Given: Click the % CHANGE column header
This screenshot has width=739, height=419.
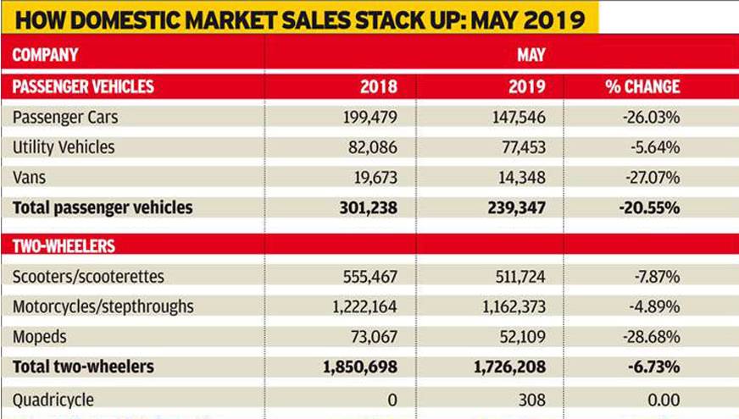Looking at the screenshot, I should coord(642,86).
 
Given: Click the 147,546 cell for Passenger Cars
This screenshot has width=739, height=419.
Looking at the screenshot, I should coord(511,117).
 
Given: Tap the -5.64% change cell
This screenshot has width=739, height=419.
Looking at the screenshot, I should coord(654,147).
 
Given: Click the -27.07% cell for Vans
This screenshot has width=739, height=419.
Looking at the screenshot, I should coord(651,177).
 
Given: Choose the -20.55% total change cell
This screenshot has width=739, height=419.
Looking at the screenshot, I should coord(650,207).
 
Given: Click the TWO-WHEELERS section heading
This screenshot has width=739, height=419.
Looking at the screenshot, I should coord(64,246).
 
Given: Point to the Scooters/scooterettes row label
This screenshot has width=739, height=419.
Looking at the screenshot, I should coord(89,277).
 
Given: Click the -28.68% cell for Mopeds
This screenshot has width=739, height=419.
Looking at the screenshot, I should coord(651,336).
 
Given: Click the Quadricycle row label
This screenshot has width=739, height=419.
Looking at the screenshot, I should coord(53,400).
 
